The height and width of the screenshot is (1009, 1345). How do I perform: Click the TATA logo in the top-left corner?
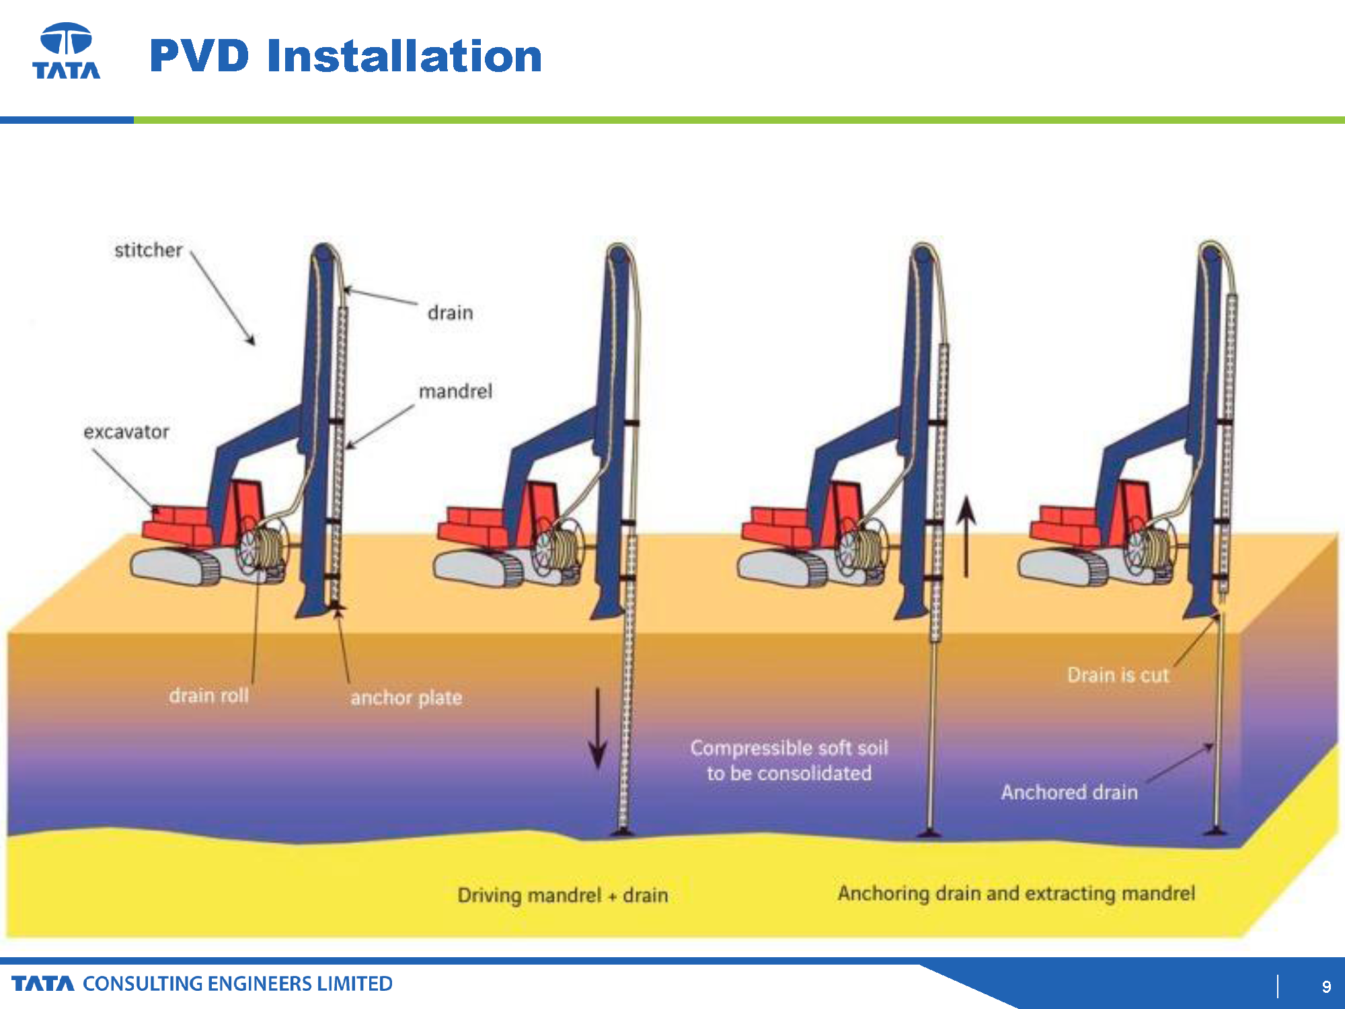click(67, 51)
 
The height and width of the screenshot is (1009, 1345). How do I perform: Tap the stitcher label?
click(148, 250)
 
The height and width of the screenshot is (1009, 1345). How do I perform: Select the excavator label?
click(126, 432)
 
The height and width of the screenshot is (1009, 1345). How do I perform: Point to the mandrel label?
click(455, 391)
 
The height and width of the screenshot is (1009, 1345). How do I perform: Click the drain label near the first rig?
click(450, 313)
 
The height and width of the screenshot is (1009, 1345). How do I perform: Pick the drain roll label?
click(208, 695)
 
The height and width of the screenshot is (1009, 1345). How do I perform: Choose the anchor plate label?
click(406, 698)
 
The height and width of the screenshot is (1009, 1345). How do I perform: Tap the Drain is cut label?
click(1118, 675)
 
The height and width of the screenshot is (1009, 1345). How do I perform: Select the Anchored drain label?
click(1069, 792)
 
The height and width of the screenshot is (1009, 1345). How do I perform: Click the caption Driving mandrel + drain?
click(563, 895)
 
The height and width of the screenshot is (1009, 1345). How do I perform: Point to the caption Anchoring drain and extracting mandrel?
click(1016, 893)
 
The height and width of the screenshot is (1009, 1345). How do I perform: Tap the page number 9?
click(1326, 986)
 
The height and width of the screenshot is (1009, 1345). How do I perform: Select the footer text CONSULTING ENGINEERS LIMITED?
click(237, 983)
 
